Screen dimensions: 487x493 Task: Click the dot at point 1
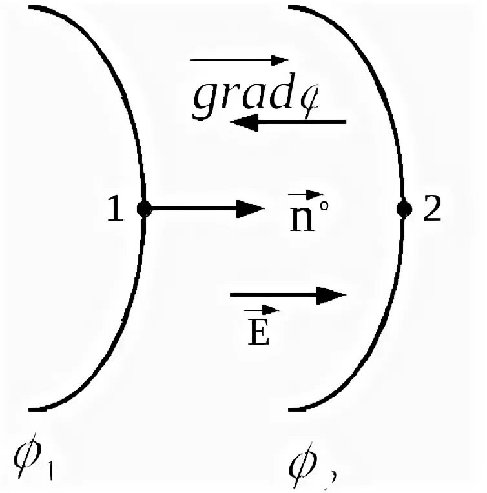(x=144, y=208)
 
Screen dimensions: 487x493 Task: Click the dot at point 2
(x=404, y=208)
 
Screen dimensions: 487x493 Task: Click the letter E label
(x=258, y=334)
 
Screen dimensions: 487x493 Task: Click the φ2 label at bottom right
(x=309, y=460)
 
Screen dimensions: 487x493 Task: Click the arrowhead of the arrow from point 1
(x=252, y=208)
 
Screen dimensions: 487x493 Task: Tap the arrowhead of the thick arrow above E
(x=333, y=296)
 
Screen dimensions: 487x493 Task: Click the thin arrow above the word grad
(x=238, y=61)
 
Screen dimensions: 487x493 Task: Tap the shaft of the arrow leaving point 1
(x=194, y=208)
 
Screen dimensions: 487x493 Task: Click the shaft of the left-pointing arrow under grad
(x=304, y=121)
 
